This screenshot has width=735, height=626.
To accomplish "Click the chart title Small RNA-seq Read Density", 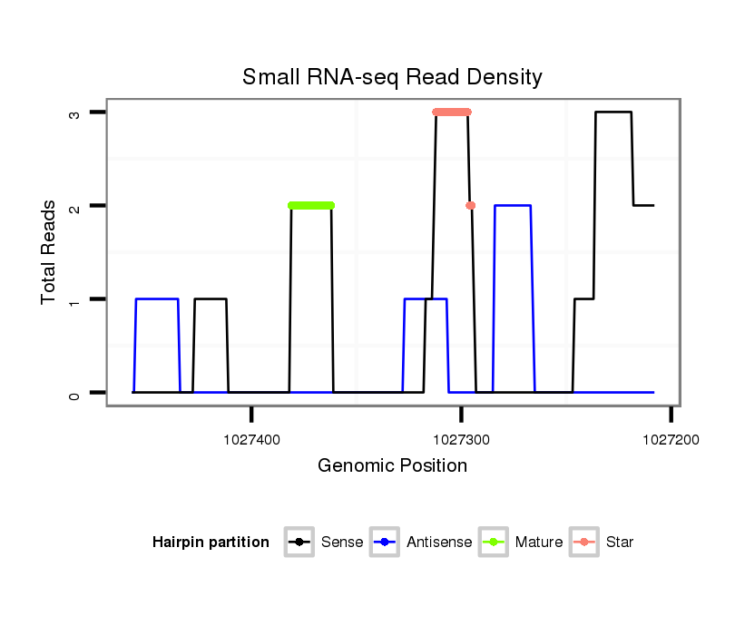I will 392,77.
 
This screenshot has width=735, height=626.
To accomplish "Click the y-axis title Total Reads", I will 50,252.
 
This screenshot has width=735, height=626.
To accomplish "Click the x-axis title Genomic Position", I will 392,466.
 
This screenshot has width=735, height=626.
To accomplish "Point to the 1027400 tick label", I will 251,438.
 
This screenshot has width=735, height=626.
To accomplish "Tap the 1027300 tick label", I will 461,438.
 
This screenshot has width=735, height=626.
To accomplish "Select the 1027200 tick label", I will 671,438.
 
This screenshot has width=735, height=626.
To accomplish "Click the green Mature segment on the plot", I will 311,205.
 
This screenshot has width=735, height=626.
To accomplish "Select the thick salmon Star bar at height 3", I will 452,112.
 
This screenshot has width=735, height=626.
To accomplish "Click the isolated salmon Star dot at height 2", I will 470,205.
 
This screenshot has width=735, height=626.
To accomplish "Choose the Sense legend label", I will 342,543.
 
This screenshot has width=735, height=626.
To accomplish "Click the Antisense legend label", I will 439,543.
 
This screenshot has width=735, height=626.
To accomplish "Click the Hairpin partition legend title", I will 211,543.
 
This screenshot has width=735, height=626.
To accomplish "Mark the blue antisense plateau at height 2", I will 513,205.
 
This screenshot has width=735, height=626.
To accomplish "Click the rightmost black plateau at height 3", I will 613,112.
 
